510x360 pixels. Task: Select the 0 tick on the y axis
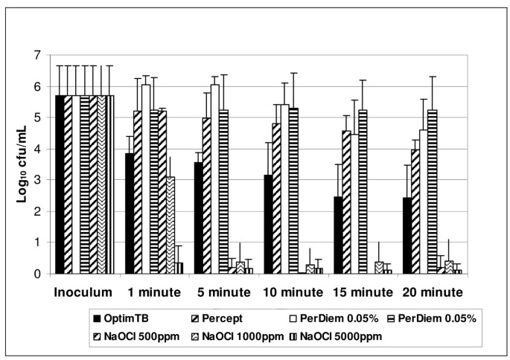tap(40, 274)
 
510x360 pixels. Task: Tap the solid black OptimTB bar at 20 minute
tap(407, 236)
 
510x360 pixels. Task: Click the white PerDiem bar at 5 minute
tap(215, 179)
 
